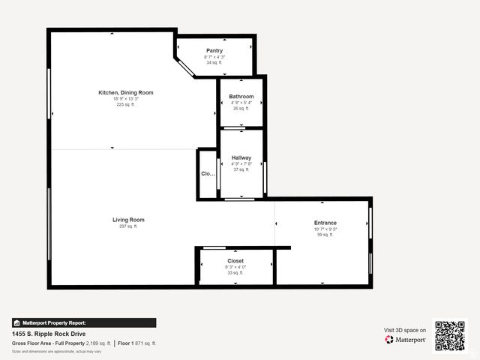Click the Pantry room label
tap(214, 51)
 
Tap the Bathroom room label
tap(241, 97)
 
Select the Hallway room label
tap(241, 157)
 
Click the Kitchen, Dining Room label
tap(126, 92)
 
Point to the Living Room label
tap(128, 220)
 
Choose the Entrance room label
tap(325, 223)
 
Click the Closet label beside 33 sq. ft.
tap(235, 261)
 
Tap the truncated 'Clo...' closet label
tap(208, 174)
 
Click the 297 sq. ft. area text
tap(128, 226)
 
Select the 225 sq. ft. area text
tap(126, 105)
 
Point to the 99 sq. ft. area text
tap(325, 235)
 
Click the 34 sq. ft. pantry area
tap(214, 63)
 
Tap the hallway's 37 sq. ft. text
tap(241, 169)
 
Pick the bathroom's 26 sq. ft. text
tap(241, 109)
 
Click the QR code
tap(450, 336)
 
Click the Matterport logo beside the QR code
tap(406, 340)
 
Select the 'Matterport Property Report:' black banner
tap(84, 323)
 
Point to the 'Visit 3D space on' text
tap(405, 330)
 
